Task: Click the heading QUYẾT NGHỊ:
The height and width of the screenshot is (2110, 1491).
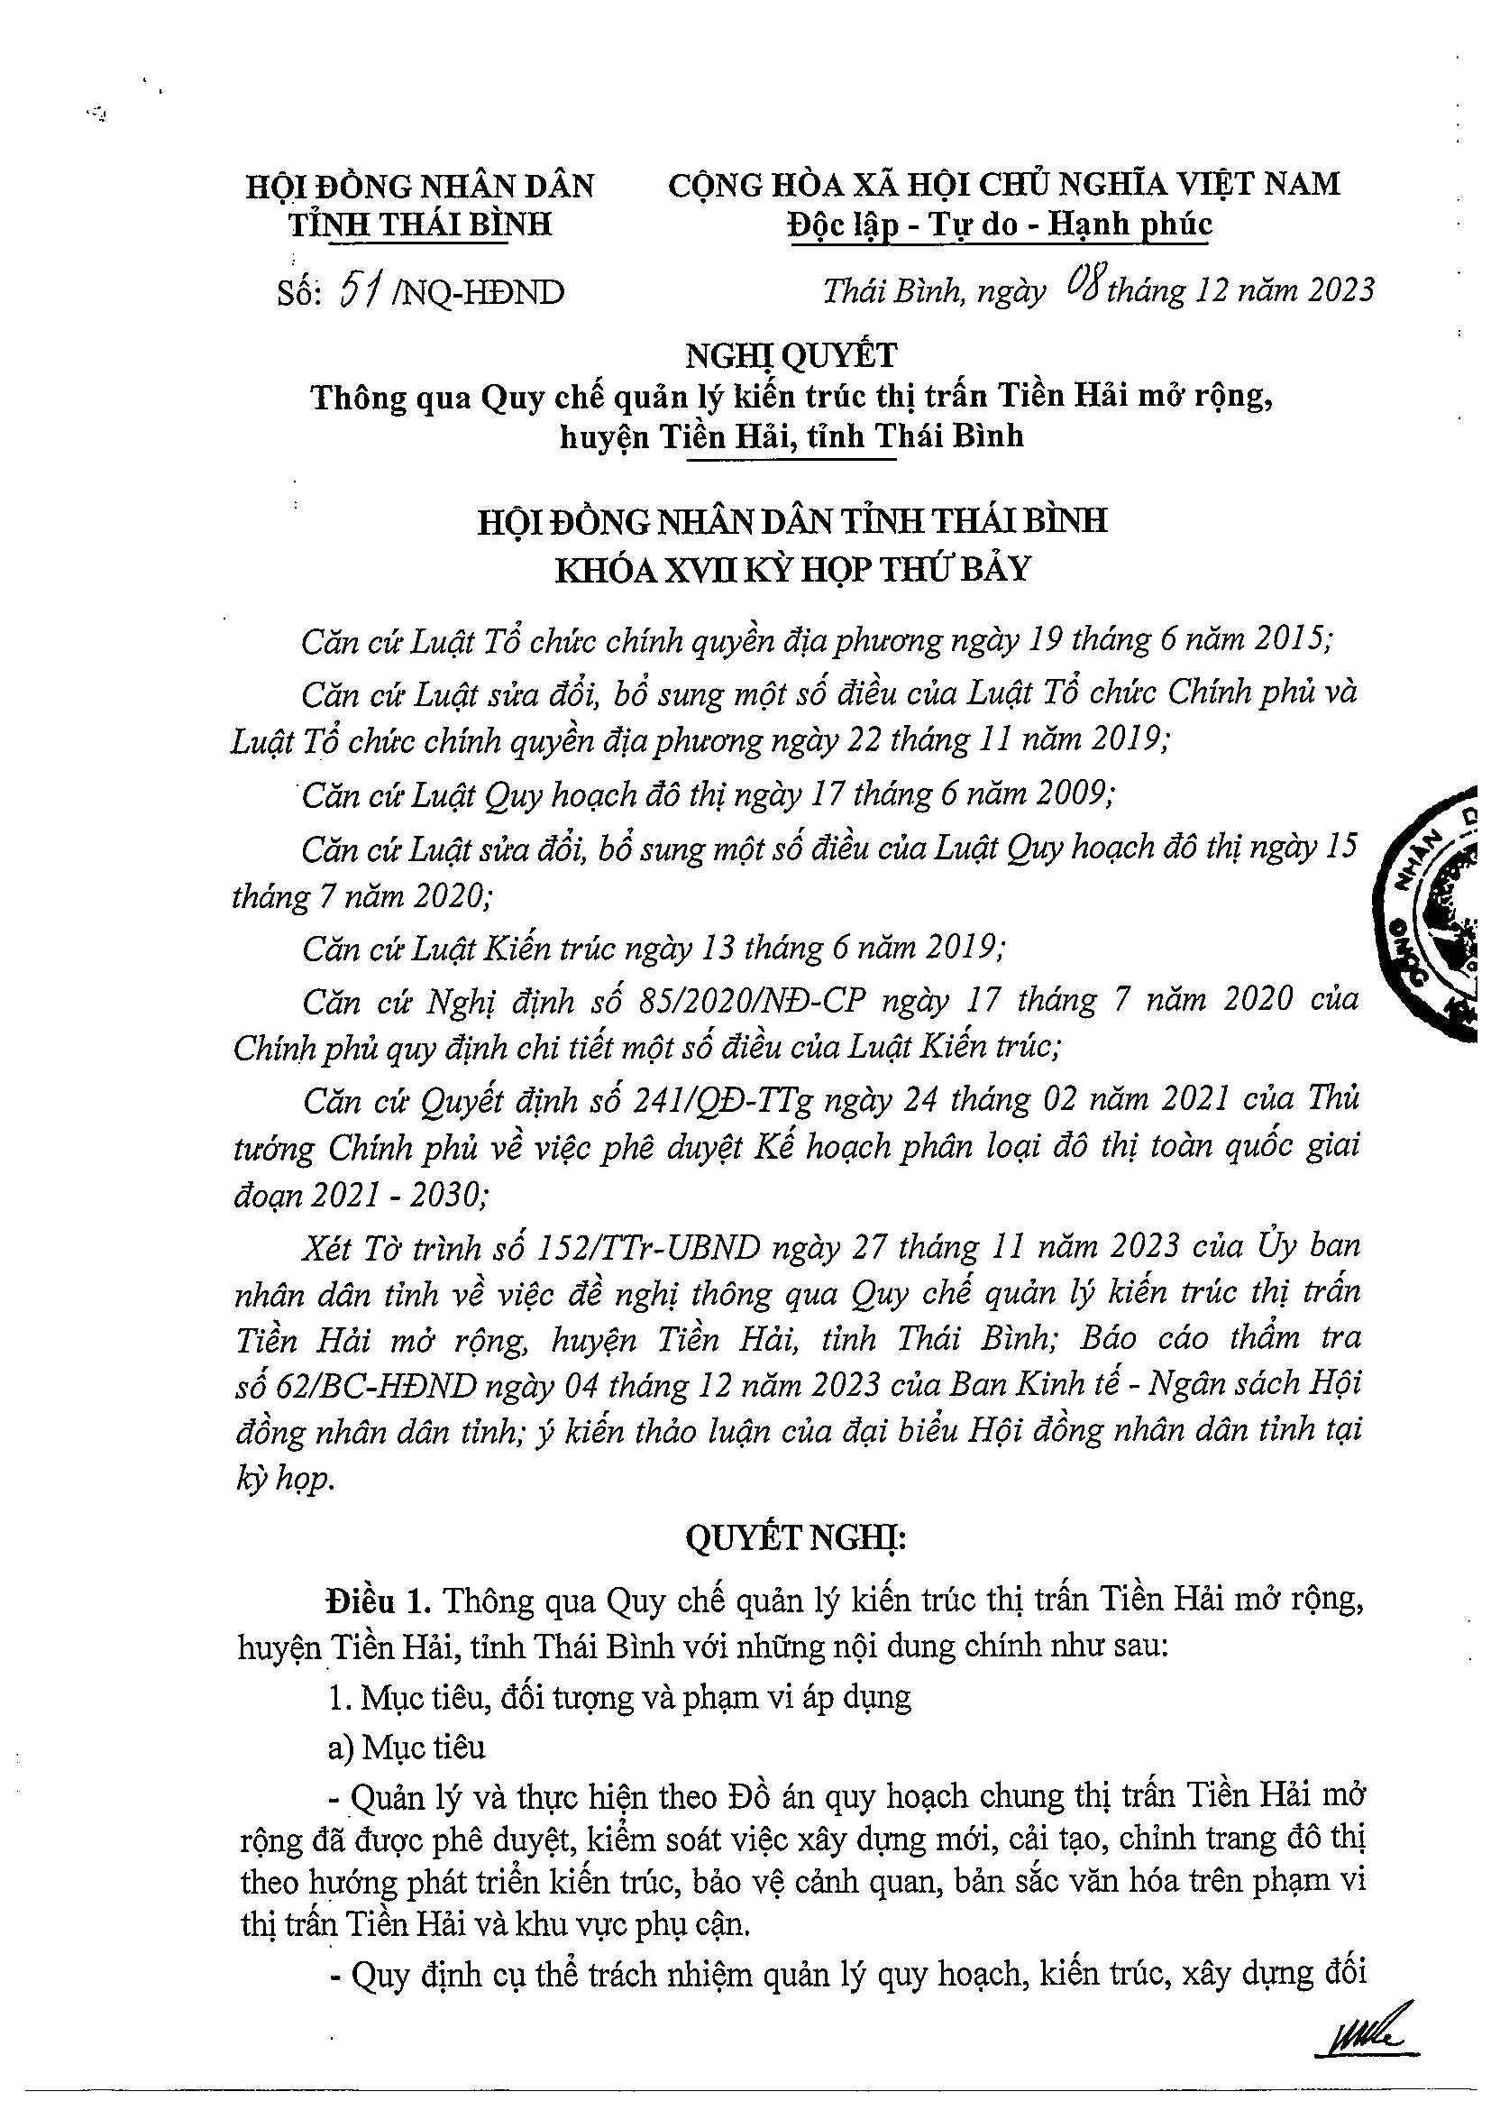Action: point(796,1540)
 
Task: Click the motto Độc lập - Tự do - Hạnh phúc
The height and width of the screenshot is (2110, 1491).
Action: point(1001,225)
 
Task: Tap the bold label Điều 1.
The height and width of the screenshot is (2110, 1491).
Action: point(378,1600)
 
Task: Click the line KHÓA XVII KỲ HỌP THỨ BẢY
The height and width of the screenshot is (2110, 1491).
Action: point(792,570)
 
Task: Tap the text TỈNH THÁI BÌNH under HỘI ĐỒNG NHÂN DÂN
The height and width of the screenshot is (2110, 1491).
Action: point(421,225)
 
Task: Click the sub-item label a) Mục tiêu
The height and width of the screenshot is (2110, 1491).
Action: point(406,1747)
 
